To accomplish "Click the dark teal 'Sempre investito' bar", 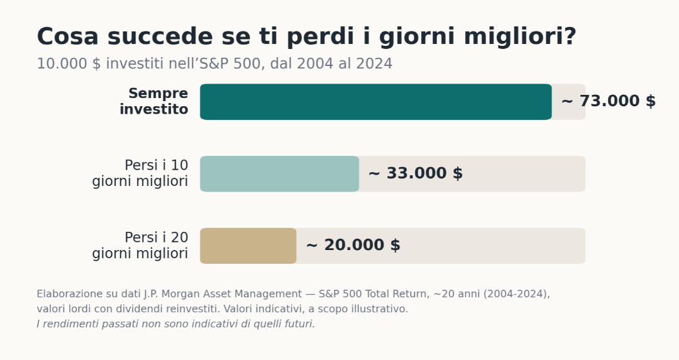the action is point(376,102).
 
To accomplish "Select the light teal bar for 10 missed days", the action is point(279,173).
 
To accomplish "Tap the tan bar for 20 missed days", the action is point(248,246).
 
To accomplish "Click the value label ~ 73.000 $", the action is point(609,101).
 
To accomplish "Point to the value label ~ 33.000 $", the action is point(416,173).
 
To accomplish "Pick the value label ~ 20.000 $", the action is point(353,245).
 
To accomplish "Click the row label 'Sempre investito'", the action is point(154,101).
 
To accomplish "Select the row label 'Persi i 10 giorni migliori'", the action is point(140,173).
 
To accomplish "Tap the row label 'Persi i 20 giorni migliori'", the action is point(140,245).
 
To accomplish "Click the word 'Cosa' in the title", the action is point(67,36).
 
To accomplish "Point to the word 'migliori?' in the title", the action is point(521,37).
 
